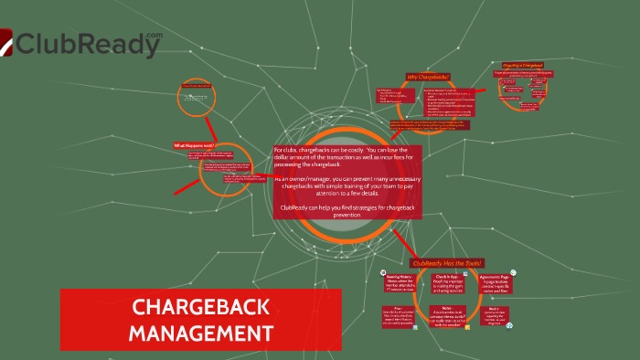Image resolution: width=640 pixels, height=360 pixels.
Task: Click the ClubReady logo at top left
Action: click(82, 43)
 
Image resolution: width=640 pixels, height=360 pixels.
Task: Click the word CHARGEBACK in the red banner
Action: click(200, 308)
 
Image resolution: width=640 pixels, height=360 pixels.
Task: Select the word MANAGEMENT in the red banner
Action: click(200, 332)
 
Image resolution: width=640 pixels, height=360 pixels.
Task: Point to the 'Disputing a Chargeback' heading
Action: click(519, 65)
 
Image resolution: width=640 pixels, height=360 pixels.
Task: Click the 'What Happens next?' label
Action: click(193, 145)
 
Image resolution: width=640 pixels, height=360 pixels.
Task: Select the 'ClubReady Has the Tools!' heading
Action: click(448, 263)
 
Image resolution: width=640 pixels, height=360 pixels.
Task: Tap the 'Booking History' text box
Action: click(400, 281)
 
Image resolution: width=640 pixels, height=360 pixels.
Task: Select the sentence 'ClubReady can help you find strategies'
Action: click(348, 210)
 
